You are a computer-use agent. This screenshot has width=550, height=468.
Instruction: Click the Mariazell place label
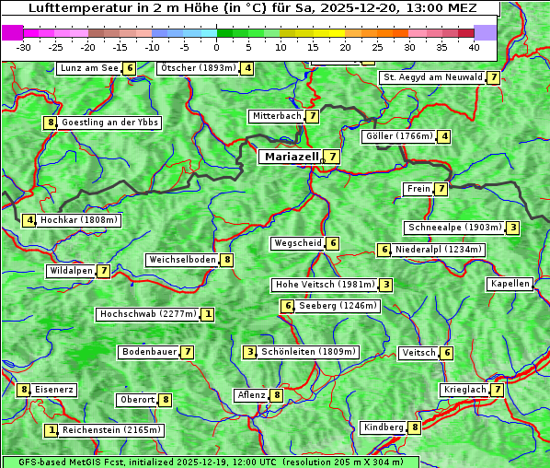(292, 157)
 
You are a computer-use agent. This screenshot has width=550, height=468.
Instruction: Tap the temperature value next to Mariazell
(332, 157)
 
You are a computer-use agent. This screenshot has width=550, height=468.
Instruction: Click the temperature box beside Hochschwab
(209, 314)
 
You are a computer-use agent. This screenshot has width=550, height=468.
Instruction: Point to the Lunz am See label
(88, 68)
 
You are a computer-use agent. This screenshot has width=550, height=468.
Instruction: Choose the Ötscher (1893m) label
(198, 68)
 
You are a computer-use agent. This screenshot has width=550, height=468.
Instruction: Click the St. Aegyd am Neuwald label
(433, 77)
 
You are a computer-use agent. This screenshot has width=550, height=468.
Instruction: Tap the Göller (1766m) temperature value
(444, 136)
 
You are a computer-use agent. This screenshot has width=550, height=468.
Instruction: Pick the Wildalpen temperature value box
(104, 271)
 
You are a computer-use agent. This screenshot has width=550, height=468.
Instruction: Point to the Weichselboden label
(182, 260)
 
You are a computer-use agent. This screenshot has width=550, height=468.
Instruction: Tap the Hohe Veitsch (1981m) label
(325, 285)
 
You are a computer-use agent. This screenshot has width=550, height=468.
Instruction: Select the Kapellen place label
(510, 284)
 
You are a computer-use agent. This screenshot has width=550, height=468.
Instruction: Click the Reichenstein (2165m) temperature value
(52, 430)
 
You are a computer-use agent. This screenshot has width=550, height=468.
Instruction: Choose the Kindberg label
(384, 427)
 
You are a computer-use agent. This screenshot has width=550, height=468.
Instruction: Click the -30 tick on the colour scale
(24, 47)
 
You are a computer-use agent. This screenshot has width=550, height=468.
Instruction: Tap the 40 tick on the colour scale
(474, 47)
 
